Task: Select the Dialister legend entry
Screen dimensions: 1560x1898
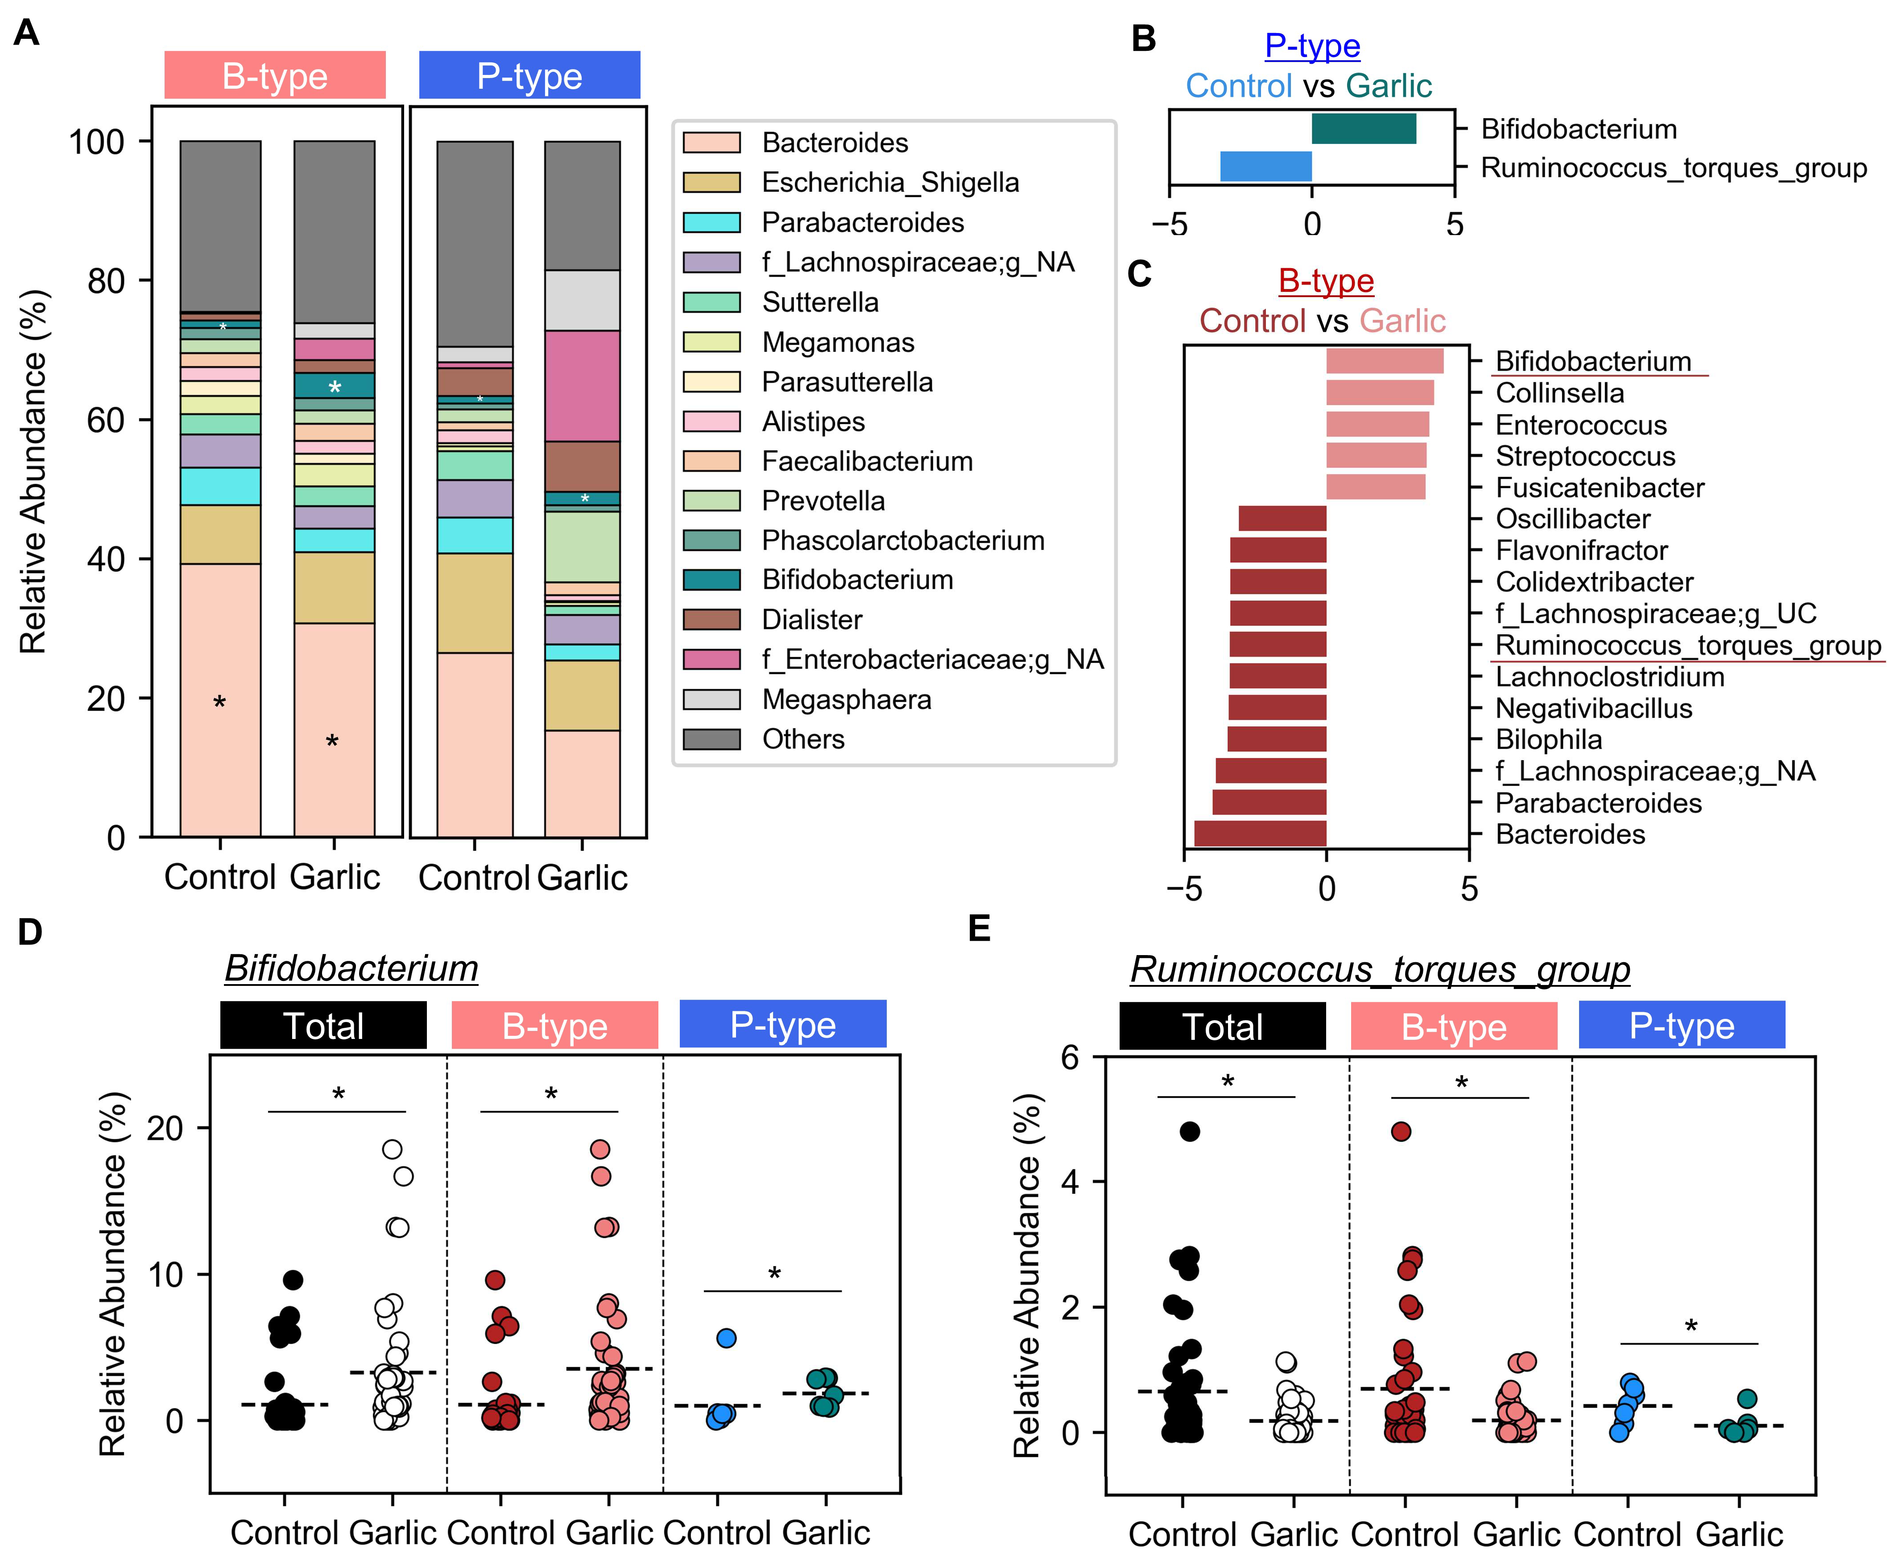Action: pyautogui.click(x=811, y=620)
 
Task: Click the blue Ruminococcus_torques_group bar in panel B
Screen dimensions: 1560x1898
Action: pyautogui.click(x=1265, y=167)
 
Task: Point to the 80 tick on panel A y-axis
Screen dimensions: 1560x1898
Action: pyautogui.click(x=105, y=281)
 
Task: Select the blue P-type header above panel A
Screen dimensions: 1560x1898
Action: pyautogui.click(x=529, y=75)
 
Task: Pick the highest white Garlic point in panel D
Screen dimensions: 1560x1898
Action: pyautogui.click(x=392, y=1149)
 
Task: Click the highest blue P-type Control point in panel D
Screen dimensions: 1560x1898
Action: pyautogui.click(x=726, y=1338)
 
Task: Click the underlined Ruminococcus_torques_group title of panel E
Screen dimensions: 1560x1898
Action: pyautogui.click(x=1380, y=970)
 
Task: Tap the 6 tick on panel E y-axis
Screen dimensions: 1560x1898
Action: pyautogui.click(x=1069, y=1058)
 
